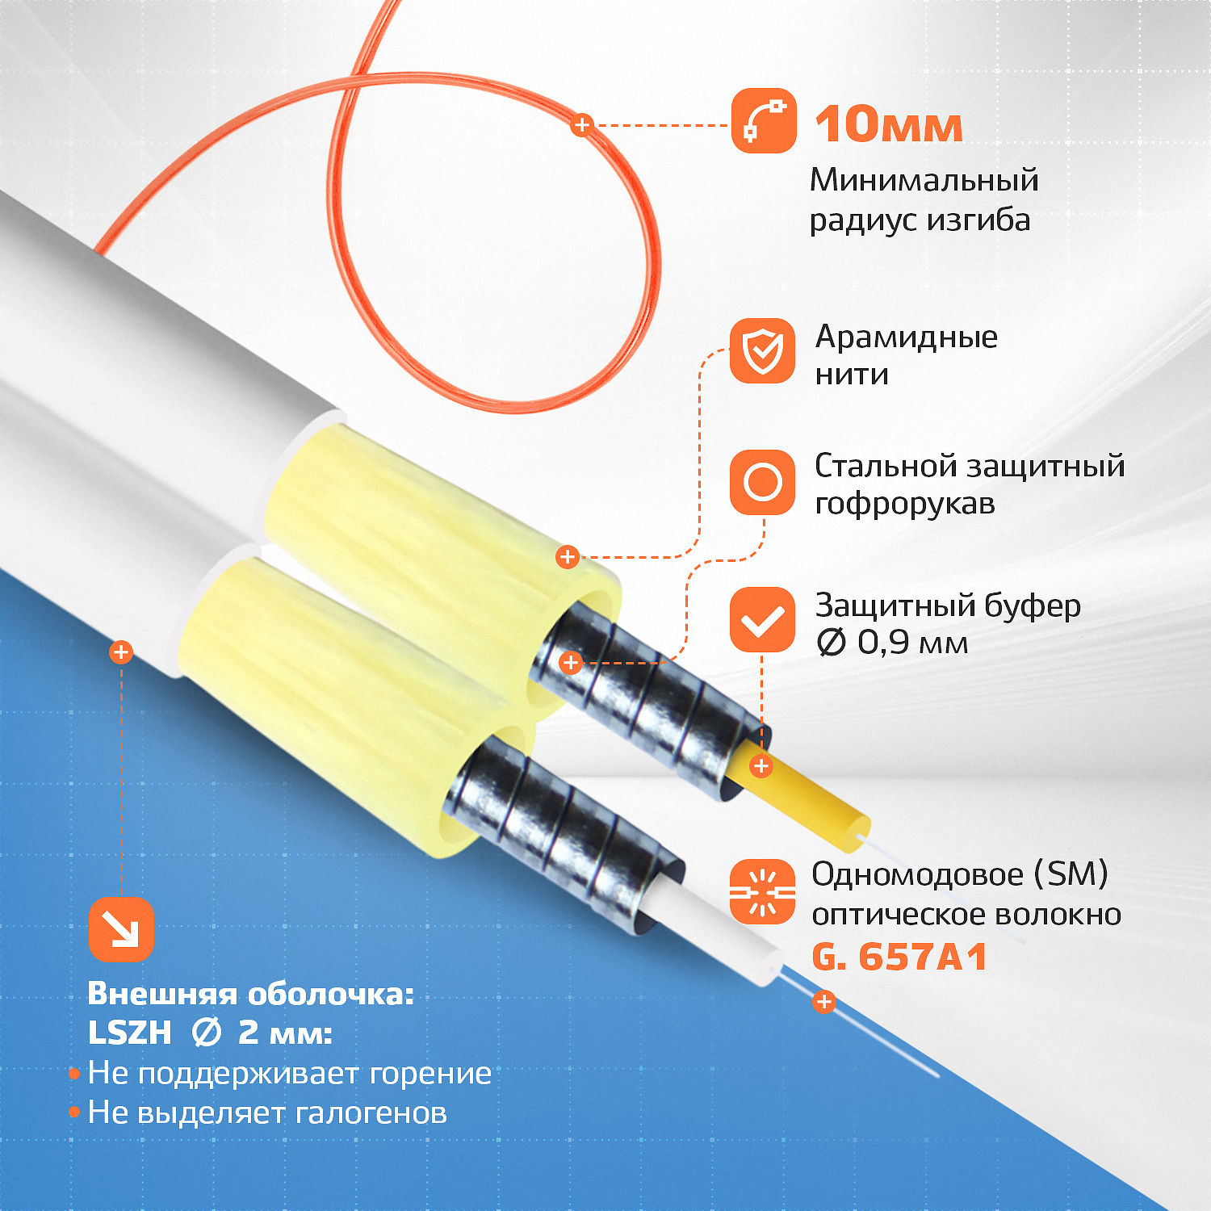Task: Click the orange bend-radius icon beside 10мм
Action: point(764,121)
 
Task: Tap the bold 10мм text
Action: point(889,125)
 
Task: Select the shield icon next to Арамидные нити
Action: point(763,351)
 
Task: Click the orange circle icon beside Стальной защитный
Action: point(763,483)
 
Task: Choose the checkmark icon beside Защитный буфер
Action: point(763,620)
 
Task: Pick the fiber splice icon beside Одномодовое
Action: point(763,891)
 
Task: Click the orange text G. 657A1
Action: point(899,957)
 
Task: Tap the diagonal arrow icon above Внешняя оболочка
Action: point(121,929)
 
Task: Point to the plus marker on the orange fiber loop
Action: point(581,125)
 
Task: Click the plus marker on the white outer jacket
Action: point(121,652)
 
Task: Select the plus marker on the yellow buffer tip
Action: point(761,766)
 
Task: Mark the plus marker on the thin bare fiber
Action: point(823,1002)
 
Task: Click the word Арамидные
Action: point(907,337)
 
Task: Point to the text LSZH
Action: point(130,1033)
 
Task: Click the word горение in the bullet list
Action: point(430,1074)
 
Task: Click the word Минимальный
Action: point(924,180)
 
